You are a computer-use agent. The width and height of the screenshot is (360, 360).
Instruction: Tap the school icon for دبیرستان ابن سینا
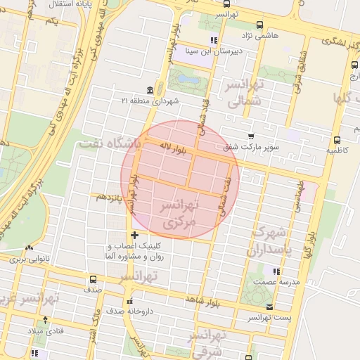pos(214,40)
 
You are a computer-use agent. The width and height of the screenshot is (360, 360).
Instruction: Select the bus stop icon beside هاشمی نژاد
pos(260,25)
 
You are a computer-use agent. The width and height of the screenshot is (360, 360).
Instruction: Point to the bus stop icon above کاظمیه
pos(337,140)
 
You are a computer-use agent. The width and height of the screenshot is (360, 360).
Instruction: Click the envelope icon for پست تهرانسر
pos(270,307)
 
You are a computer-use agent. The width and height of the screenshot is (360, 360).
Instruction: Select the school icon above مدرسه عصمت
pos(276,271)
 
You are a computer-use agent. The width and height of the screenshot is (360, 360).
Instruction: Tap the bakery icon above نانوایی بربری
pos(29,248)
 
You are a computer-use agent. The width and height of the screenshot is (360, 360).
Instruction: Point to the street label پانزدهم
pos(110,196)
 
